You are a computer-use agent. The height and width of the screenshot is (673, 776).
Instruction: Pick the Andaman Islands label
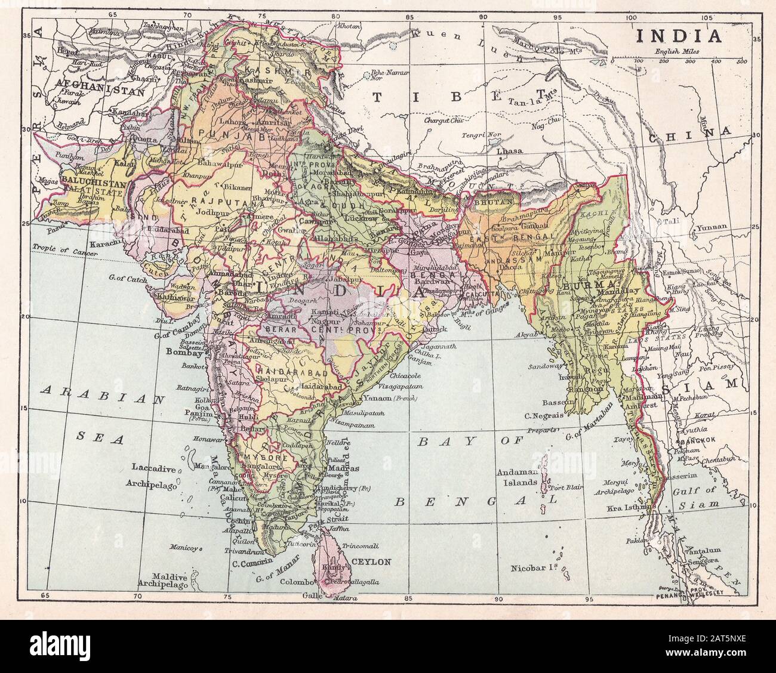(x=518, y=477)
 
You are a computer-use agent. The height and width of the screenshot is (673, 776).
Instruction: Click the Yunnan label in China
(x=709, y=227)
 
